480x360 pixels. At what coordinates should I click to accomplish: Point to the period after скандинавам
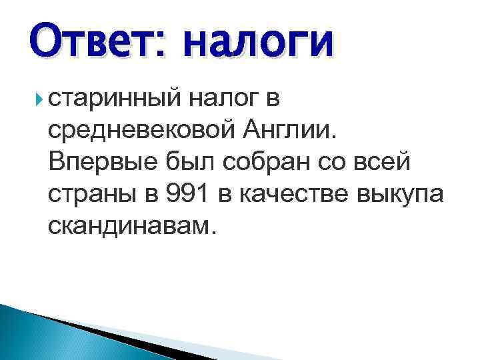(213, 233)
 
